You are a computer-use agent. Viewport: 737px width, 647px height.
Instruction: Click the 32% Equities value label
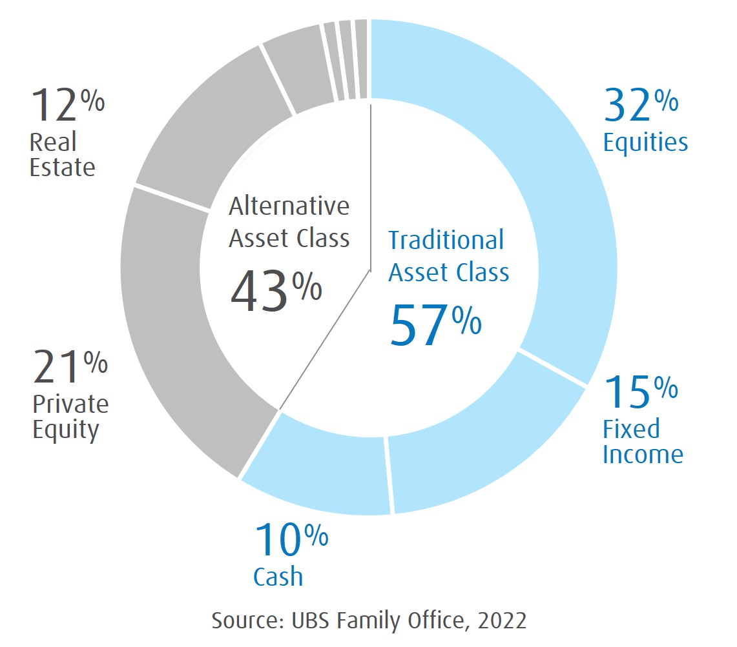[640, 106]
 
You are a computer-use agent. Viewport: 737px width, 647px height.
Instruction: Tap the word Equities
[645, 143]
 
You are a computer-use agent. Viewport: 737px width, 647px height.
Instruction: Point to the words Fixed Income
[642, 442]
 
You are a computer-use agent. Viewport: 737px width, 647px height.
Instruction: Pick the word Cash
[278, 577]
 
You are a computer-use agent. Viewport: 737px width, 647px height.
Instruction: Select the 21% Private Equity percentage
[70, 367]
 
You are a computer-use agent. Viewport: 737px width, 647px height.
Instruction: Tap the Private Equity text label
[70, 417]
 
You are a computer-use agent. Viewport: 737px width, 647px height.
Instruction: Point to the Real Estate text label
[63, 155]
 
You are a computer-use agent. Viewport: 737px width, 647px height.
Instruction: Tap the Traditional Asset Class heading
[448, 256]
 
